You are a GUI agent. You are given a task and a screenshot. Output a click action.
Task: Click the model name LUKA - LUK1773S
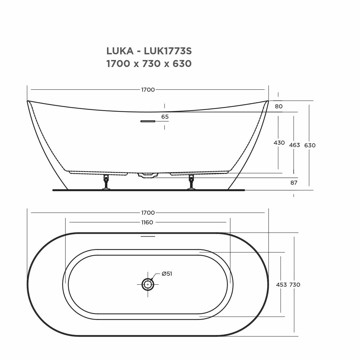pyautogui.click(x=149, y=51)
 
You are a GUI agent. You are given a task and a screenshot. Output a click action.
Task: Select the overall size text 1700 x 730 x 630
pyautogui.click(x=149, y=64)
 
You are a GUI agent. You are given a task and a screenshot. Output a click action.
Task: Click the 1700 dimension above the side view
pyautogui.click(x=148, y=90)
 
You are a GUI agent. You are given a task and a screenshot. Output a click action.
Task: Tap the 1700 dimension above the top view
pyautogui.click(x=148, y=213)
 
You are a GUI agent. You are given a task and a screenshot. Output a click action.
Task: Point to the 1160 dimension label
pyautogui.click(x=147, y=222)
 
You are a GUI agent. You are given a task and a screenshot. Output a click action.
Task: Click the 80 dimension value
pyautogui.click(x=279, y=106)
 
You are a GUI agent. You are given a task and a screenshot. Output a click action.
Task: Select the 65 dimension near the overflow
pyautogui.click(x=165, y=117)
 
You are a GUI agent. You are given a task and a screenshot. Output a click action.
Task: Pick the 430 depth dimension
pyautogui.click(x=279, y=143)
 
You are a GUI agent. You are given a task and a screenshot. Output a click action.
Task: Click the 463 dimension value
pyautogui.click(x=294, y=145)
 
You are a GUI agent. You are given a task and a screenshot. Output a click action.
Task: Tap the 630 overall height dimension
pyautogui.click(x=310, y=145)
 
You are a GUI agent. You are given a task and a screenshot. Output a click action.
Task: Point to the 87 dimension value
pyautogui.click(x=294, y=183)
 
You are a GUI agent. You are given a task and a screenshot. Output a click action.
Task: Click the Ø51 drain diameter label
pyautogui.click(x=167, y=274)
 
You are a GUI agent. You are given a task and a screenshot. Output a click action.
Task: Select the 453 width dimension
pyautogui.click(x=281, y=285)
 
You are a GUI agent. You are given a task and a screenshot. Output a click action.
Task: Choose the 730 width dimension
pyautogui.click(x=295, y=285)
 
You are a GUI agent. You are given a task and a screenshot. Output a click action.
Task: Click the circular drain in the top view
pyautogui.click(x=148, y=284)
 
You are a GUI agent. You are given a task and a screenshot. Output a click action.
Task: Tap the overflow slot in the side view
pyautogui.click(x=148, y=121)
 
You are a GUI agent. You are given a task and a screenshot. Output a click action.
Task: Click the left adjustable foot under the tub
pyautogui.click(x=106, y=182)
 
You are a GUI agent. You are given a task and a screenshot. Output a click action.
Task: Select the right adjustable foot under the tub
pyautogui.click(x=191, y=182)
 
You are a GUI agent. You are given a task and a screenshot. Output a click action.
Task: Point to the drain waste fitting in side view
pyautogui.click(x=148, y=175)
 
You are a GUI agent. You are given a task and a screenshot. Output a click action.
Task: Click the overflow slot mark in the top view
pyautogui.click(x=148, y=236)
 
